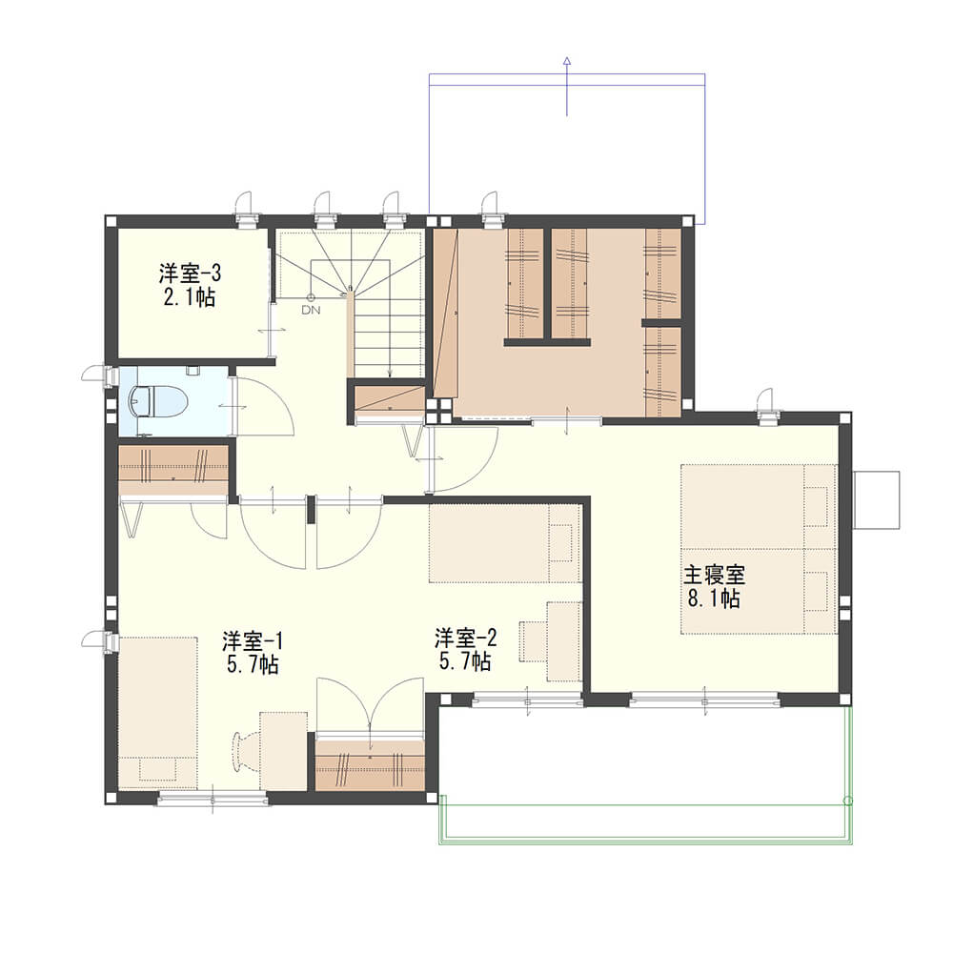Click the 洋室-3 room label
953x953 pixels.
pyautogui.click(x=190, y=273)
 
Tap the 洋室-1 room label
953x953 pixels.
pyautogui.click(x=253, y=640)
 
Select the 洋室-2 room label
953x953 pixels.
pyautogui.click(x=466, y=638)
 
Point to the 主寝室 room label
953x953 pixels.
pyautogui.click(x=714, y=575)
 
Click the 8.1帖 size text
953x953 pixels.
pyautogui.click(x=714, y=598)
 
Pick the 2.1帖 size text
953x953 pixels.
pyautogui.click(x=190, y=297)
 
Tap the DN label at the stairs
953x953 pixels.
pyautogui.click(x=312, y=310)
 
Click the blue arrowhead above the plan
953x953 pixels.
pyautogui.click(x=567, y=60)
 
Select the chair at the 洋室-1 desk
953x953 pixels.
pyautogui.click(x=242, y=753)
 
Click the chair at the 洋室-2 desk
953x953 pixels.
pyautogui.click(x=533, y=641)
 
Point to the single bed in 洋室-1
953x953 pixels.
pyautogui.click(x=158, y=713)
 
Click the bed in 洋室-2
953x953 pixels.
pyautogui.click(x=505, y=543)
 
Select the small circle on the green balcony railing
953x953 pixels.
pyautogui.click(x=848, y=801)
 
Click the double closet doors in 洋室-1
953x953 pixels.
pyautogui.click(x=370, y=707)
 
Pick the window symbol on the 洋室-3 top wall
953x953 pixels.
pyautogui.click(x=246, y=210)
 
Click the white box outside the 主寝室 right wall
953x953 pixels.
pyautogui.click(x=877, y=499)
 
